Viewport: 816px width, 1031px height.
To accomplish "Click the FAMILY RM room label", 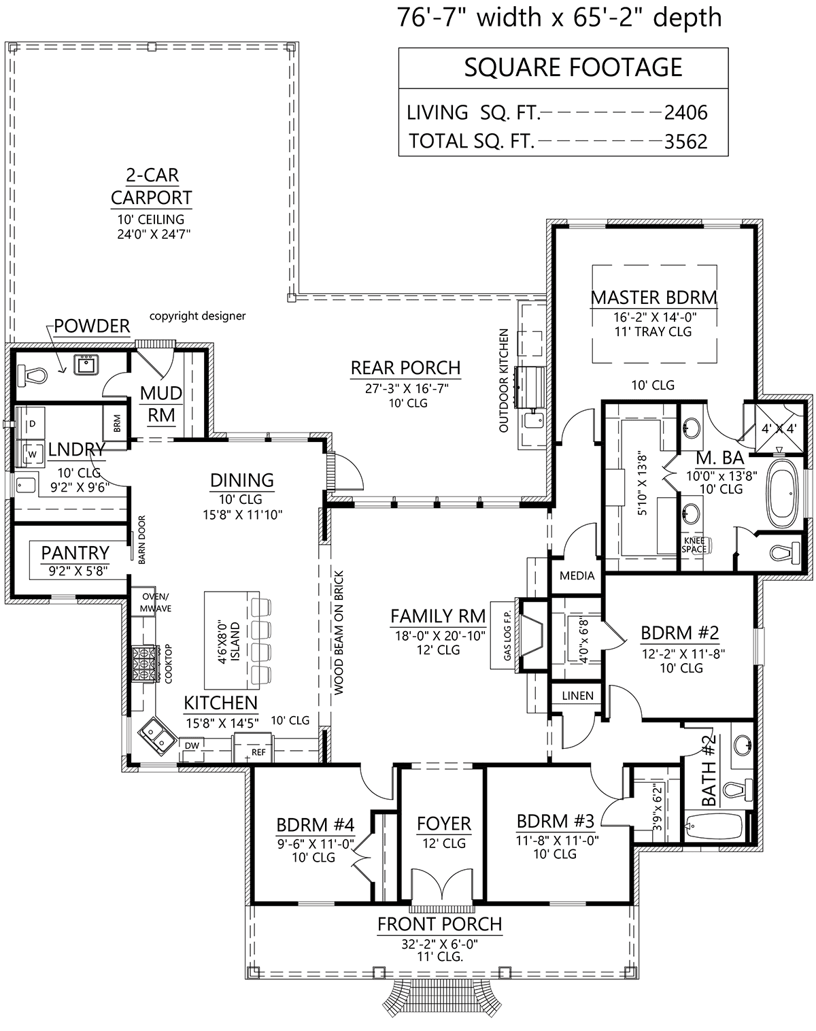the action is [x=438, y=616].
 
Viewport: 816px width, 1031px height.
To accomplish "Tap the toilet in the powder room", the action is [x=32, y=375].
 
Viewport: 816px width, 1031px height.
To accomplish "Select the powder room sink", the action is [x=86, y=365].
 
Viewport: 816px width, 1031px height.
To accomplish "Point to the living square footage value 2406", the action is [x=685, y=113].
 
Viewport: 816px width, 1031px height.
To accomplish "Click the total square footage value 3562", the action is [x=685, y=141].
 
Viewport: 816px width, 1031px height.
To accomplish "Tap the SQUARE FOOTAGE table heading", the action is [x=573, y=67].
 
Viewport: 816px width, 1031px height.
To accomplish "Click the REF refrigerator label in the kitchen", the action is [x=258, y=753].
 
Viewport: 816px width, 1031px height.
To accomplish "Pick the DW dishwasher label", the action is [x=192, y=745].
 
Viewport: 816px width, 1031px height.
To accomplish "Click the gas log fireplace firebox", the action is [x=532, y=634].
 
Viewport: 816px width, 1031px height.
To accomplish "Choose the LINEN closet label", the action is [x=578, y=696].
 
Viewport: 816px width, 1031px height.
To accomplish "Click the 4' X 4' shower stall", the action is [x=779, y=428].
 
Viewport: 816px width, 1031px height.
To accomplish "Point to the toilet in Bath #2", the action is [x=736, y=791].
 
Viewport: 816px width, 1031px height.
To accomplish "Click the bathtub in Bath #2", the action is [x=715, y=826].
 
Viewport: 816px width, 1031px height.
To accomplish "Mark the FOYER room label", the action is [x=443, y=824].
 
